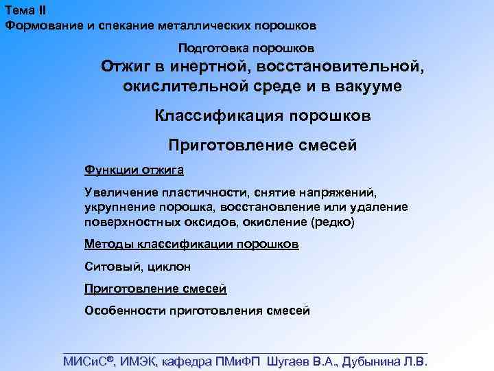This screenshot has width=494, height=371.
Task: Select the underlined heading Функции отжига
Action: [134, 169]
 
